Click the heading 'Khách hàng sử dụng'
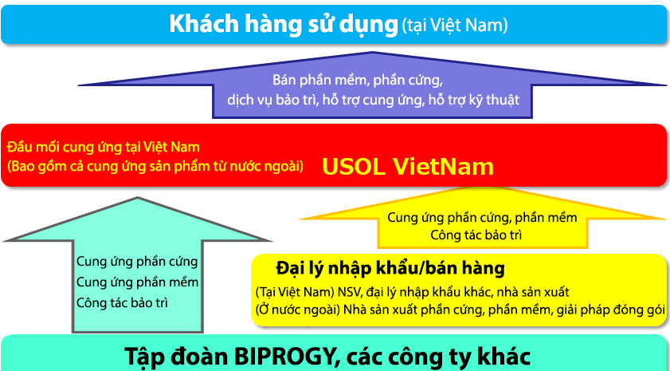(284, 25)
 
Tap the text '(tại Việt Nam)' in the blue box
(455, 26)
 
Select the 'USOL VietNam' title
(408, 167)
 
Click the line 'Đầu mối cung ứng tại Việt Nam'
(104, 148)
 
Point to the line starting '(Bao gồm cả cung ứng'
(155, 166)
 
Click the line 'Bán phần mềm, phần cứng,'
(358, 80)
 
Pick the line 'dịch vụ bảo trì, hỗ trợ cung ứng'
(373, 101)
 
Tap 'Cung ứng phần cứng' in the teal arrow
(137, 262)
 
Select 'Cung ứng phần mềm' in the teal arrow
(137, 282)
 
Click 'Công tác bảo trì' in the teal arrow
(122, 303)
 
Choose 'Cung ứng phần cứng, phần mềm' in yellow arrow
(483, 217)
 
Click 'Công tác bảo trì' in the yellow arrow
(476, 235)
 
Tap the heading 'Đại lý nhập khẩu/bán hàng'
(390, 269)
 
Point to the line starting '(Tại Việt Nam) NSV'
(413, 293)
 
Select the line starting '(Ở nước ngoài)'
(460, 310)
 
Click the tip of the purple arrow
(372, 52)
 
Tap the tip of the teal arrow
(138, 197)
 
